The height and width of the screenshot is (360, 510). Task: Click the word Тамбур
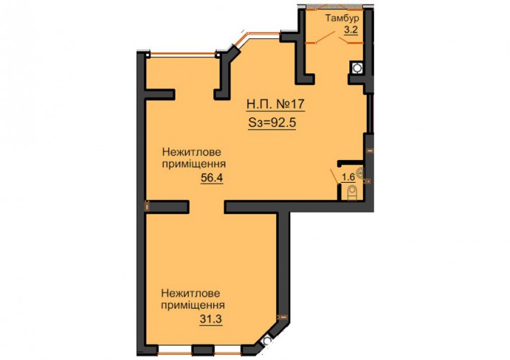342,18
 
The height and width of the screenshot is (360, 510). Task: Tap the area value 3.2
351,30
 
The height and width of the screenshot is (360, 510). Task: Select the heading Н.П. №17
275,104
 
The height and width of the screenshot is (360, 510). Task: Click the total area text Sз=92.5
272,123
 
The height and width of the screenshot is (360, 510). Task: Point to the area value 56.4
212,178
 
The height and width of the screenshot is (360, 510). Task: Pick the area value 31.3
211,319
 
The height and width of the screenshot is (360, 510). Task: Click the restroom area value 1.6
348,177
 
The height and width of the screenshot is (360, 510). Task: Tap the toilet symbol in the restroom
352,193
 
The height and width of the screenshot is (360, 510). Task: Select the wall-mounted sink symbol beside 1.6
360,172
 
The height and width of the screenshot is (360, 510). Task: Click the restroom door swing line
334,176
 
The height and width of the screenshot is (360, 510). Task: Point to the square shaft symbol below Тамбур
357,68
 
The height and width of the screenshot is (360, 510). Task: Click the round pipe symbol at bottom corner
267,341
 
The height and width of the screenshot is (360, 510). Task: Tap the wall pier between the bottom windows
202,350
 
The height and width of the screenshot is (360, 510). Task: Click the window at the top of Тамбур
335,6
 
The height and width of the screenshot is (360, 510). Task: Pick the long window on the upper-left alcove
182,54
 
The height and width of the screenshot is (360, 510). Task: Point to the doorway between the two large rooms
207,207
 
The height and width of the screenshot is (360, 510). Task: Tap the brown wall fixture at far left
147,206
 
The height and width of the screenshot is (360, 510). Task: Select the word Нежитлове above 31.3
191,294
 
